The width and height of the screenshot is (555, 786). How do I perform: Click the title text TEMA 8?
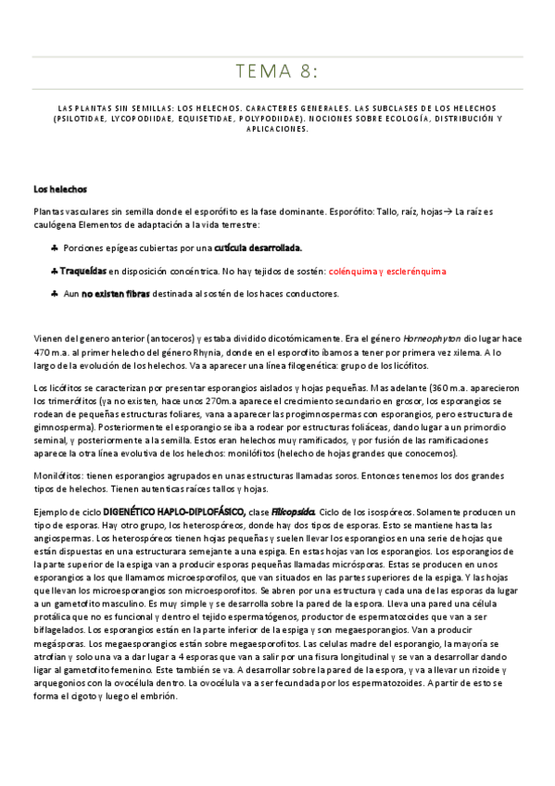[x=277, y=71]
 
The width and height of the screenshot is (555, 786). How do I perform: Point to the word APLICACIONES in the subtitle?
[x=277, y=129]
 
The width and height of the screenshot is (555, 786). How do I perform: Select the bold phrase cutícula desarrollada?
[x=259, y=248]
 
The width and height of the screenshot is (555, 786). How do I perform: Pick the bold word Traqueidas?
[x=83, y=272]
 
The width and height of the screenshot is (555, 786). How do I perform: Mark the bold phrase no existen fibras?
[x=119, y=294]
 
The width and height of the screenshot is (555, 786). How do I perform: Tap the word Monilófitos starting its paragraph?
[x=57, y=475]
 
